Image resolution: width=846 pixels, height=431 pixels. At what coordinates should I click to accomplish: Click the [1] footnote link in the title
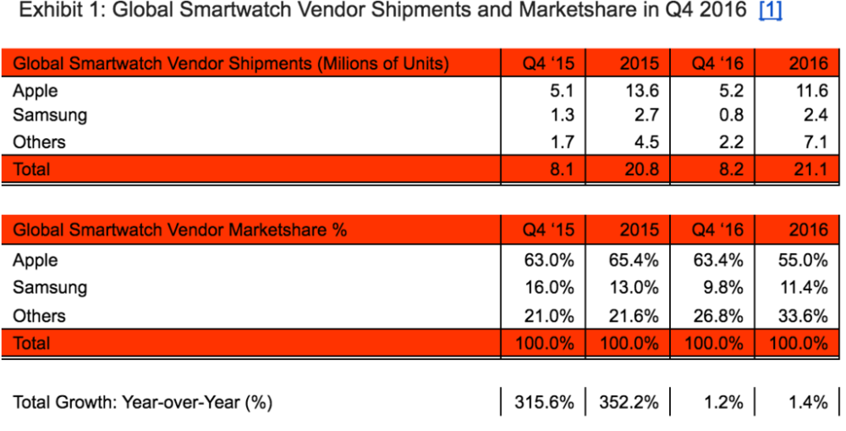[x=771, y=14]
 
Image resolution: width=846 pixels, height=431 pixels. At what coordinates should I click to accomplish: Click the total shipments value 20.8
[x=640, y=169]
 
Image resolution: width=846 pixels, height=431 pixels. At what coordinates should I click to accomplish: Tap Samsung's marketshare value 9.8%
[x=725, y=288]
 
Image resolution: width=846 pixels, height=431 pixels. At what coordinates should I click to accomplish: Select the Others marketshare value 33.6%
[x=803, y=316]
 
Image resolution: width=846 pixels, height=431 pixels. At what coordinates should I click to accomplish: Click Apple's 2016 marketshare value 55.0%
[x=803, y=260]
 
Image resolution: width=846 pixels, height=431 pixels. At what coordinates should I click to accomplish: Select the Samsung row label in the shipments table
[x=49, y=116]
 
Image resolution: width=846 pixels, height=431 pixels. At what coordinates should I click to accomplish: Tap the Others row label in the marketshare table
[x=38, y=316]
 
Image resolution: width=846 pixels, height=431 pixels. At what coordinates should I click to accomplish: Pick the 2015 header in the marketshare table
[x=640, y=229]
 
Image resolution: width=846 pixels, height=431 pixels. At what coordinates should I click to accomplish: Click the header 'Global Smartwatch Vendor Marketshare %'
[x=180, y=229]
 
